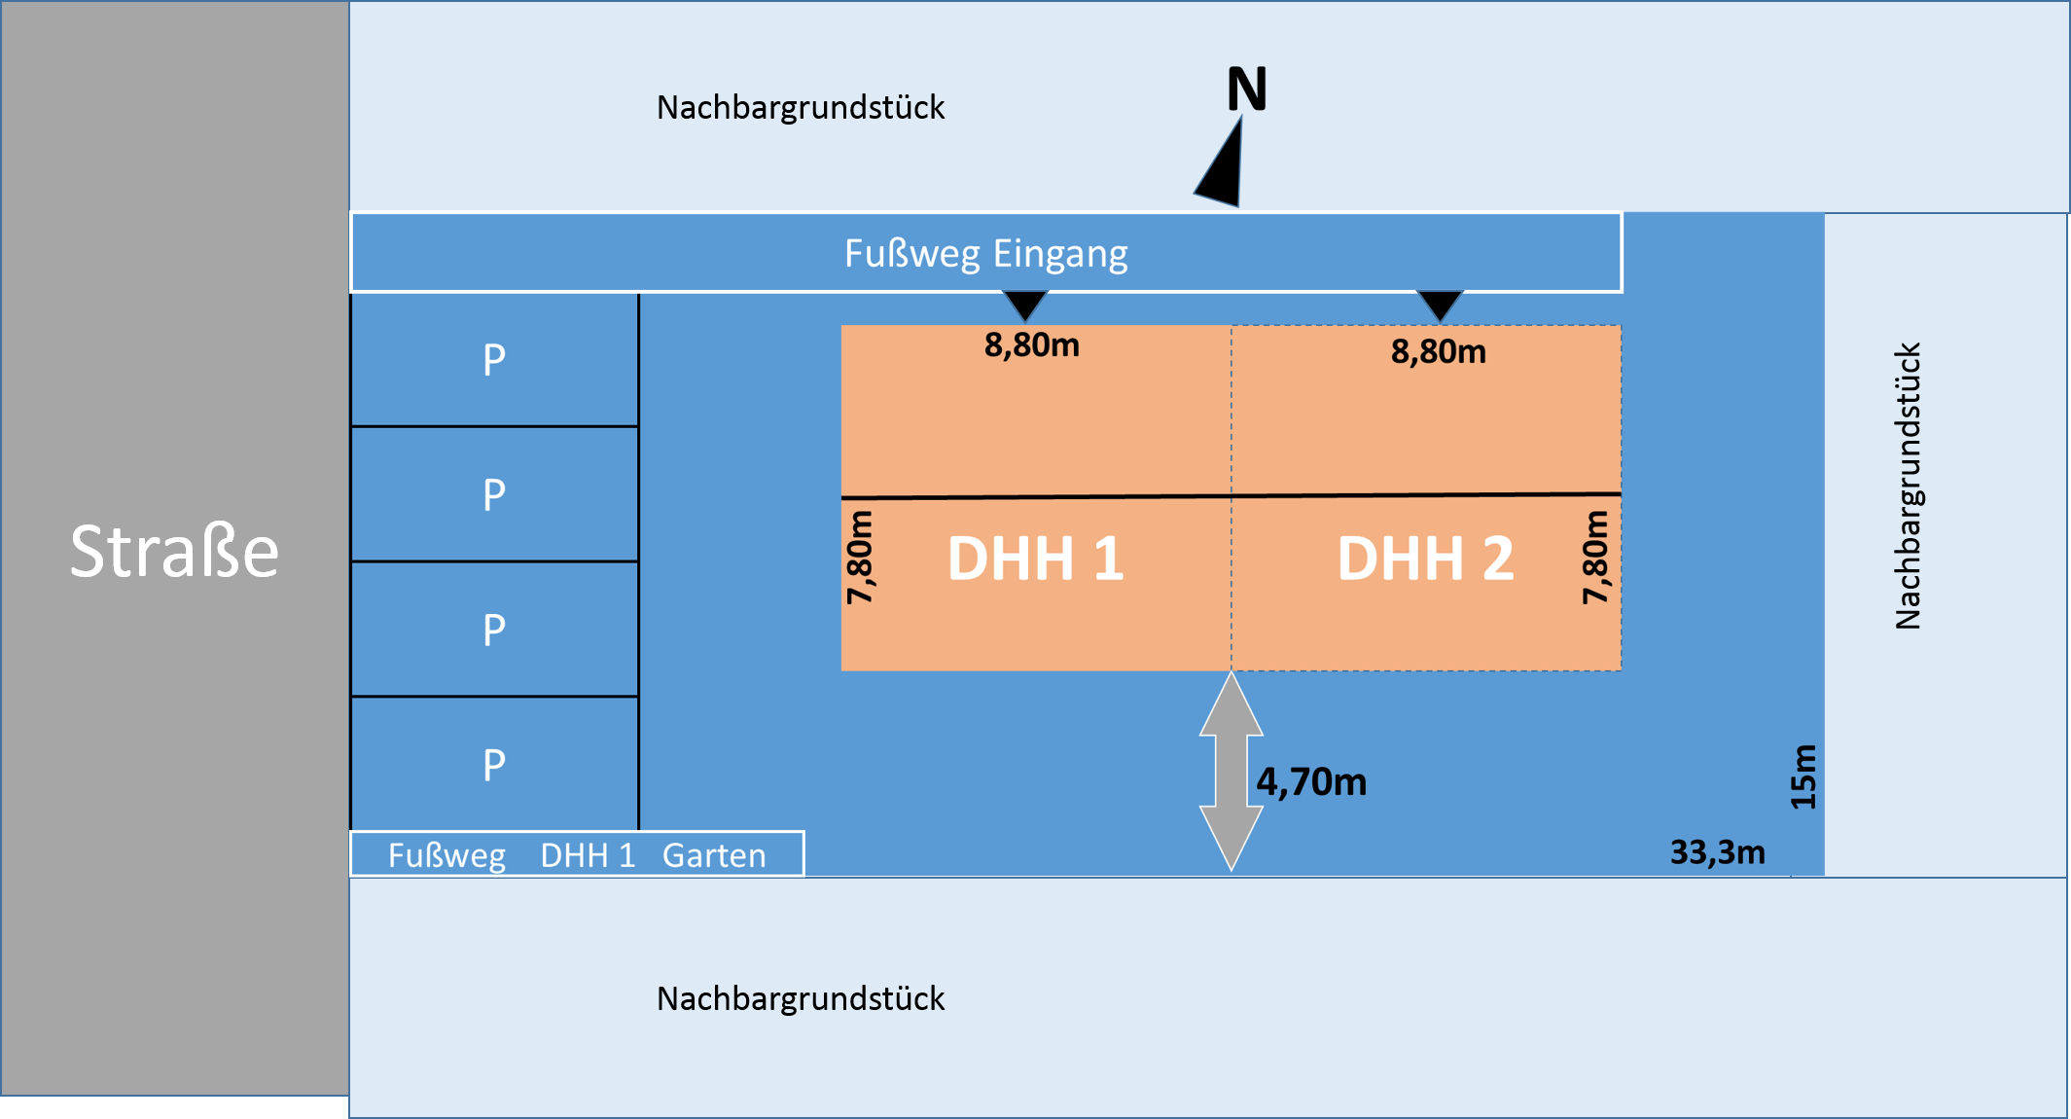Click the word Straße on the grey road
pos(174,552)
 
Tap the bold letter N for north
pos(1246,90)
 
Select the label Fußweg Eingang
pos(985,253)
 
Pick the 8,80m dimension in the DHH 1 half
pos(1031,344)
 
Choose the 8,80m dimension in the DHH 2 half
pos(1438,351)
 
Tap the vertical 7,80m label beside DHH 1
pos(860,557)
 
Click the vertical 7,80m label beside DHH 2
pos(1595,557)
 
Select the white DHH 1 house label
pos(1035,559)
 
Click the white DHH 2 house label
pos(1425,559)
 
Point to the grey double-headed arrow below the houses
pos(1231,771)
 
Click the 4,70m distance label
pos(1310,781)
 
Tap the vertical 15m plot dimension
pos(1803,776)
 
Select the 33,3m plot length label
pos(1717,852)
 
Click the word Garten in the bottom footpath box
pos(714,855)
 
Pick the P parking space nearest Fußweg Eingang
pos(494,360)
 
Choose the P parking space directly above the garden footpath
pos(494,765)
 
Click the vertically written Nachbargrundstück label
pos(1908,486)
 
